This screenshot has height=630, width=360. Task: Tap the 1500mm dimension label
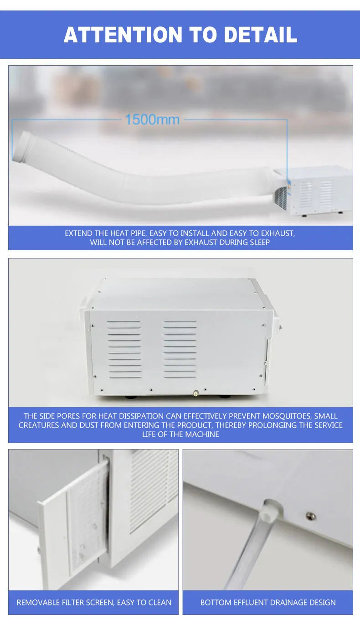coord(152,120)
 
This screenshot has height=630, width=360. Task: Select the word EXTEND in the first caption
coord(78,233)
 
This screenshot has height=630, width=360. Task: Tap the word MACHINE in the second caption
coord(202,434)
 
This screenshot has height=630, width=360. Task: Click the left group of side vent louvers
coord(124,349)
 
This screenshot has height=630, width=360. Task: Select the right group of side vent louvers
coord(180,349)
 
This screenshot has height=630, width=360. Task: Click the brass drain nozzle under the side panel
coord(195,393)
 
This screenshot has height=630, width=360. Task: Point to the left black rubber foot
coord(131,396)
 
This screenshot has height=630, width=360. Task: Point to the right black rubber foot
coord(224,396)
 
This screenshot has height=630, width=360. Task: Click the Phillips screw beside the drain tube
coord(310,516)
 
